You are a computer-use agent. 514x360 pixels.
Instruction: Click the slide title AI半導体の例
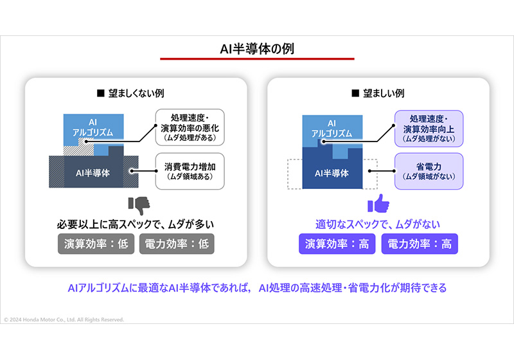pos(256,48)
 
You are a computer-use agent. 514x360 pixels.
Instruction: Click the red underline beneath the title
pos(256,59)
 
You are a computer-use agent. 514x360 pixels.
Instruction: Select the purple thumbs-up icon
pos(378,204)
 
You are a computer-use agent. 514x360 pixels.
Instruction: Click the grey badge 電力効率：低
pos(177,244)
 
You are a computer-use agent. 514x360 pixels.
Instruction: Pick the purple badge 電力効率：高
pos(419,244)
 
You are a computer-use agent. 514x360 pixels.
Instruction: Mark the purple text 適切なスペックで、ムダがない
pos(378,224)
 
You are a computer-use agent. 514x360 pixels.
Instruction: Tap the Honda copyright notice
pos(64,319)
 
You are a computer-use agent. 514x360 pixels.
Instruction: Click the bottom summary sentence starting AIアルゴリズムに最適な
pos(257,287)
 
